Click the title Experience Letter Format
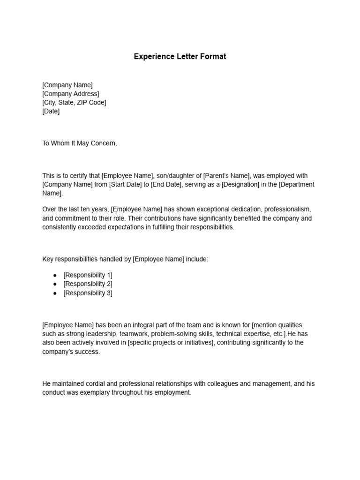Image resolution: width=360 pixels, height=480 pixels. click(x=180, y=56)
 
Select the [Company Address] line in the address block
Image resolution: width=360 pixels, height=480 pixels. click(x=70, y=94)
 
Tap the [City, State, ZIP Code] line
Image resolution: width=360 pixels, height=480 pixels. click(x=74, y=103)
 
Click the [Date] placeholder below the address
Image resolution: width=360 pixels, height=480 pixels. click(x=51, y=112)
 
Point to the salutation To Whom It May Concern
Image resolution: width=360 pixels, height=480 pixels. click(x=79, y=143)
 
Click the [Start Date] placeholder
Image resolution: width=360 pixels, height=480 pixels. click(x=125, y=185)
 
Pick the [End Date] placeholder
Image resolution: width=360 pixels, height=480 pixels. click(x=166, y=185)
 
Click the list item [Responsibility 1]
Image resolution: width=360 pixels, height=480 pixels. click(x=88, y=275)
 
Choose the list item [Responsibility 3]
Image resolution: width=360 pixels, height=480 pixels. click(x=88, y=293)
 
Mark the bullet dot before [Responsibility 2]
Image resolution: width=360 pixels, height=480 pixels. click(x=54, y=284)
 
